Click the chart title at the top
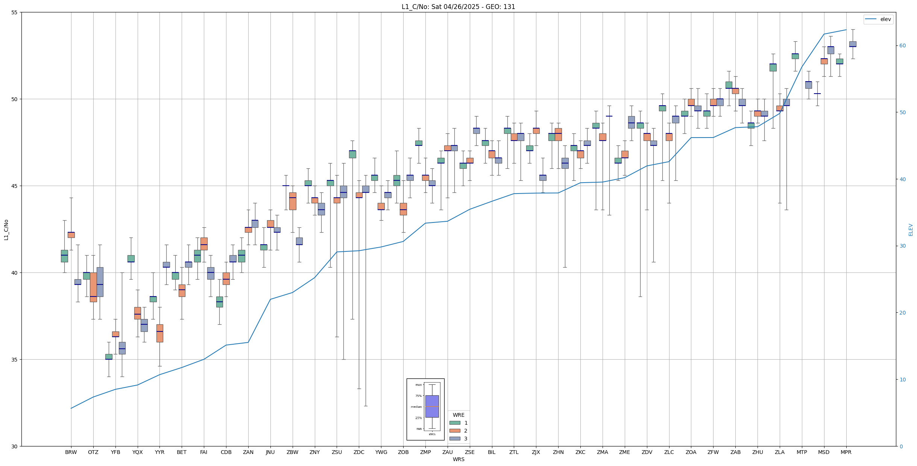[x=458, y=7]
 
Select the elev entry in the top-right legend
[x=885, y=19]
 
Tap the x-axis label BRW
[x=71, y=452]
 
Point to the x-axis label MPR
[x=846, y=452]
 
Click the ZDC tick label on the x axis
[x=359, y=452]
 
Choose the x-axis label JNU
[x=270, y=452]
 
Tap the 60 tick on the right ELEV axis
[x=902, y=46]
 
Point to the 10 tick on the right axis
[x=902, y=380]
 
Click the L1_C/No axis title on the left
[x=6, y=230]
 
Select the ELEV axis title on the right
[x=911, y=230]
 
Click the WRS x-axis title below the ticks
[x=458, y=459]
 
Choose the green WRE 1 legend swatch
[x=455, y=423]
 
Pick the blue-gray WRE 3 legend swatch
[x=455, y=439]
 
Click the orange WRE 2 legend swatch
[x=455, y=431]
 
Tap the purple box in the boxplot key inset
[x=432, y=406]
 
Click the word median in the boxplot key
[x=416, y=407]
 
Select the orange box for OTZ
[x=93, y=287]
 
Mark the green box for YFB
[x=109, y=357]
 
